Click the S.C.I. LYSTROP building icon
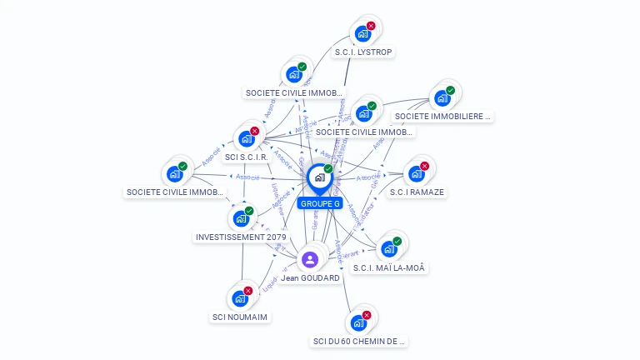362,33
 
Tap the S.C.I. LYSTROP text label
363,52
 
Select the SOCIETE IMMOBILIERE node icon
442,97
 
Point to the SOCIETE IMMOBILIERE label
442,117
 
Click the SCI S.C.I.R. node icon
246,138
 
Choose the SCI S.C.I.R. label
246,157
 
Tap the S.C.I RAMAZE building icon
415,173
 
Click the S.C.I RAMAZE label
417,192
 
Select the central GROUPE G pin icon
318,177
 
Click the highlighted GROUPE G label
320,203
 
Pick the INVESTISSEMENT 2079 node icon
241,218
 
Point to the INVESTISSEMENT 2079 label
241,237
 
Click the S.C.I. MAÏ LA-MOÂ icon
388,248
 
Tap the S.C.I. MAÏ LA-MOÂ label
389,267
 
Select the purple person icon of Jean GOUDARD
310,259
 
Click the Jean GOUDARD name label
310,277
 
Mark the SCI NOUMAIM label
241,317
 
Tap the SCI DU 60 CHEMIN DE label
359,341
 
